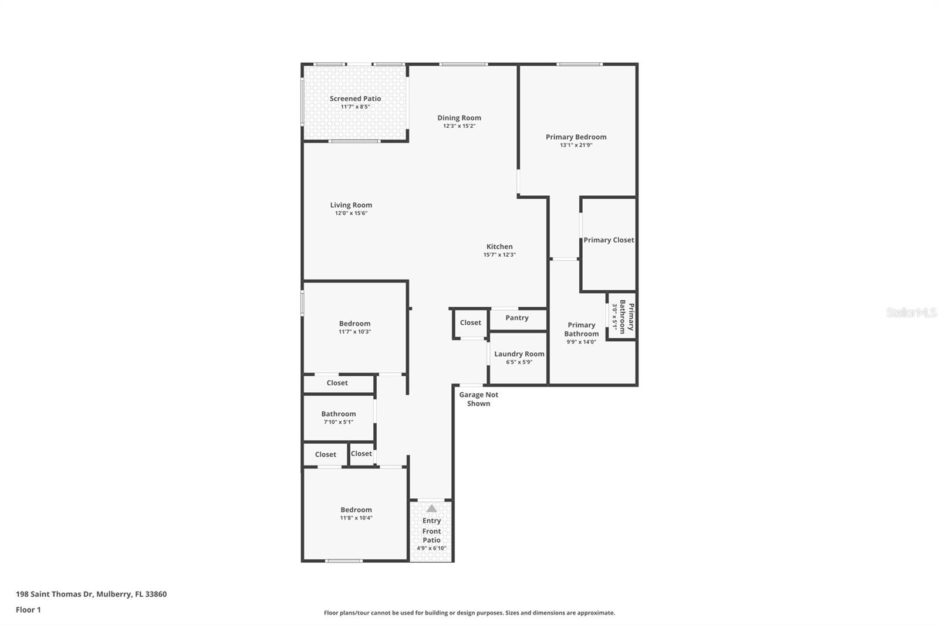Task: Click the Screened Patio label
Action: [x=355, y=98]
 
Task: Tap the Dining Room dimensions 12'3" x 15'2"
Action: [x=459, y=126]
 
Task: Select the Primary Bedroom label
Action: [x=576, y=137]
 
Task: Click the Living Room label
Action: [x=351, y=205]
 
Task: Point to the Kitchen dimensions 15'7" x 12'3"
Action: [x=499, y=255]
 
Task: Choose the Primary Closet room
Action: [x=609, y=240]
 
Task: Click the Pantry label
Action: [x=517, y=318]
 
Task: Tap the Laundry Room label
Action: [x=519, y=354]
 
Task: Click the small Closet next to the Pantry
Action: [x=470, y=322]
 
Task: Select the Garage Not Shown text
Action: [x=478, y=399]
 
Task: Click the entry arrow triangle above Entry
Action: [x=431, y=508]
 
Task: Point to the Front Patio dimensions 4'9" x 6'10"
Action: [x=431, y=548]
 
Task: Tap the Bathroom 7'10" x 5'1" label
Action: [x=339, y=414]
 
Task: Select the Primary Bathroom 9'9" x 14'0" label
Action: [x=581, y=330]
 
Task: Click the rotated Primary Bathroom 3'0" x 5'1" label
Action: [x=623, y=317]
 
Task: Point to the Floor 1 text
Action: [x=28, y=610]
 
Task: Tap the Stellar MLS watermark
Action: [x=911, y=312]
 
